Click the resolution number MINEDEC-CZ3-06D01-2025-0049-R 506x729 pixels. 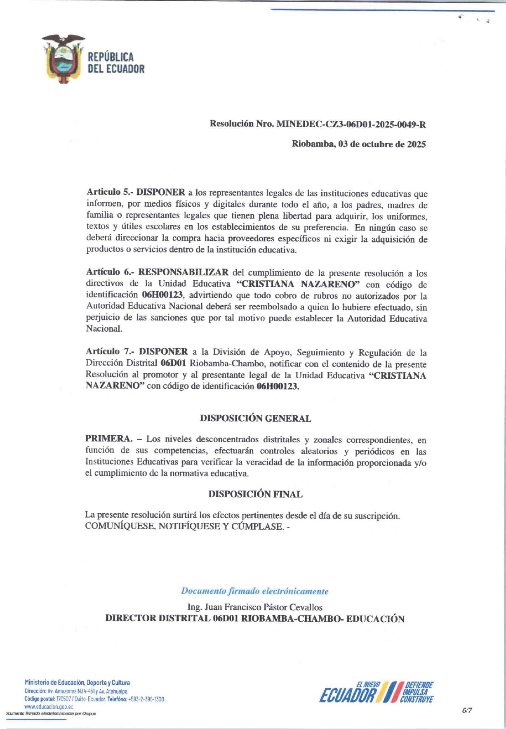pyautogui.click(x=351, y=123)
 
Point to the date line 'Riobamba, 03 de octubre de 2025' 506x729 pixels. pyautogui.click(x=359, y=144)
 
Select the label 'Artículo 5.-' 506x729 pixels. pyautogui.click(x=109, y=192)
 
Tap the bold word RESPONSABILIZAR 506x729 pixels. pyautogui.click(x=183, y=272)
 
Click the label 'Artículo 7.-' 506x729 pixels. pyautogui.click(x=110, y=352)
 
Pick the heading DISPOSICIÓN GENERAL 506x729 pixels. pyautogui.click(x=255, y=418)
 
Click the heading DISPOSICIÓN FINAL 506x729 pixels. pyautogui.click(x=255, y=494)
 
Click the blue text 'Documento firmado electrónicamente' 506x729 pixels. pyautogui.click(x=255, y=591)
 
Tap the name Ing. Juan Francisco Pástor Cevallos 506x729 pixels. pyautogui.click(x=255, y=607)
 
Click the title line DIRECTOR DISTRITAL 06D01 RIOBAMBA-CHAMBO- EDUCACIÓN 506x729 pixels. pyautogui.click(x=254, y=618)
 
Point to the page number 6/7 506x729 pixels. pyautogui.click(x=467, y=710)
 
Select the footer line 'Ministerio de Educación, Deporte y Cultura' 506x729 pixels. pyautogui.click(x=77, y=683)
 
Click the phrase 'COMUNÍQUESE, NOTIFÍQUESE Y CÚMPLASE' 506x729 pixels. pyautogui.click(x=184, y=526)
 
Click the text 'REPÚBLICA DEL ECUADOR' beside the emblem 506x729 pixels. pyautogui.click(x=116, y=63)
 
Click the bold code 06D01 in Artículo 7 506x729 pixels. pyautogui.click(x=173, y=363)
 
